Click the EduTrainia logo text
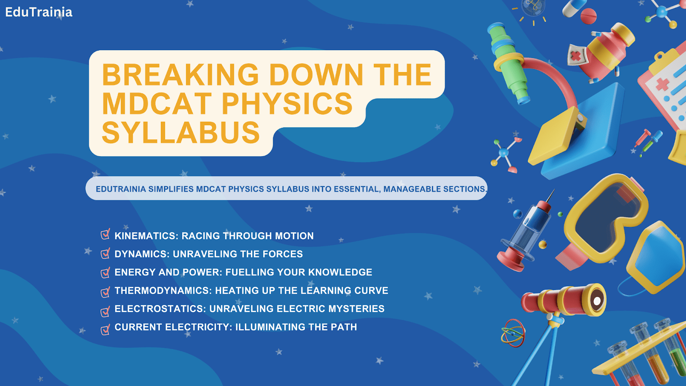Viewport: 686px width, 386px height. pyautogui.click(x=39, y=12)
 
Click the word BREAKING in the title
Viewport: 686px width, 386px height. pyautogui.click(x=181, y=75)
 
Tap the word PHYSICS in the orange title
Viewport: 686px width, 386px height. pyautogui.click(x=287, y=104)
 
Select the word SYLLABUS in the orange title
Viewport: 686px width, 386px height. pyautogui.click(x=181, y=133)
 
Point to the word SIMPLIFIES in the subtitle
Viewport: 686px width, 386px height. pyautogui.click(x=171, y=189)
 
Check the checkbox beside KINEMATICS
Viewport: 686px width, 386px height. pyautogui.click(x=105, y=235)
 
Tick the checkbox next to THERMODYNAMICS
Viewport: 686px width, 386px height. pyautogui.click(x=105, y=292)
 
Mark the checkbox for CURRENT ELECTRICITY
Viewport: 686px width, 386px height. pyautogui.click(x=105, y=329)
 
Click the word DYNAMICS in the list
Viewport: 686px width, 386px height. pyautogui.click(x=141, y=254)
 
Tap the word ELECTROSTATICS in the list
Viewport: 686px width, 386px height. pyautogui.click(x=160, y=309)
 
